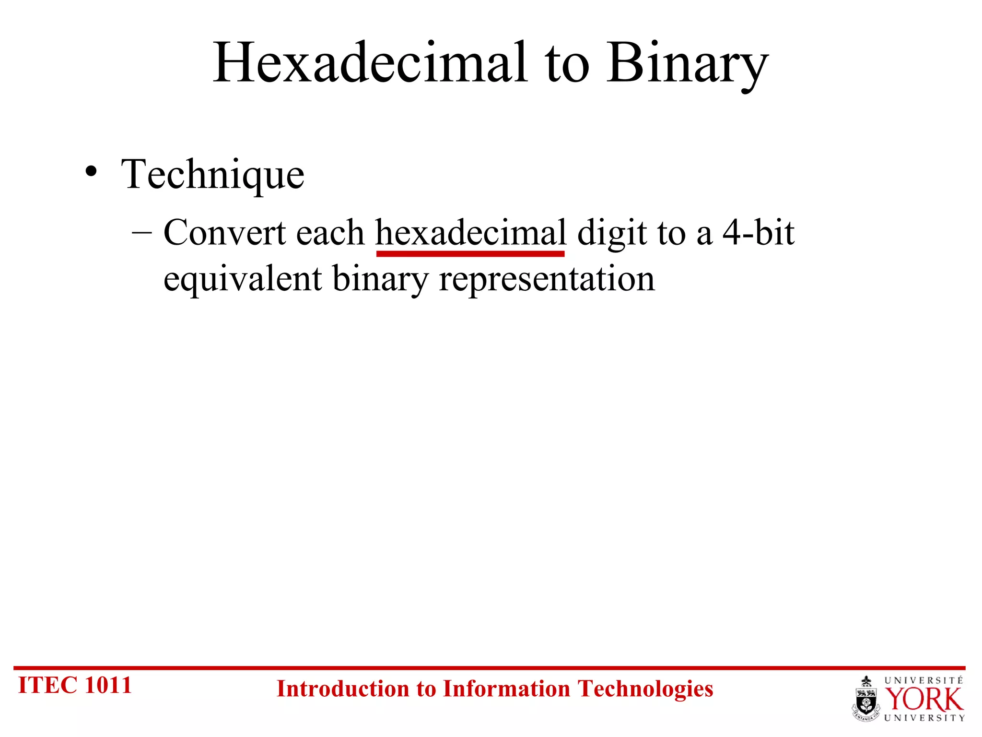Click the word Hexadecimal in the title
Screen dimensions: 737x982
tap(371, 64)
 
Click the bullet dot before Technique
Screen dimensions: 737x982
tap(91, 172)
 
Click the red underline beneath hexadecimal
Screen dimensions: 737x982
tap(470, 254)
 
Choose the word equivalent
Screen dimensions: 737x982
tap(243, 280)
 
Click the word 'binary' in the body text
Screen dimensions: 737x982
tap(380, 280)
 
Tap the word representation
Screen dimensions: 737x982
tap(547, 280)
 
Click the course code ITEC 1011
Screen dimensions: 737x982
tap(75, 685)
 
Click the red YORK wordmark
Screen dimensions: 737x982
tap(924, 700)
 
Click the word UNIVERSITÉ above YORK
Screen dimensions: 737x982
tap(924, 680)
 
